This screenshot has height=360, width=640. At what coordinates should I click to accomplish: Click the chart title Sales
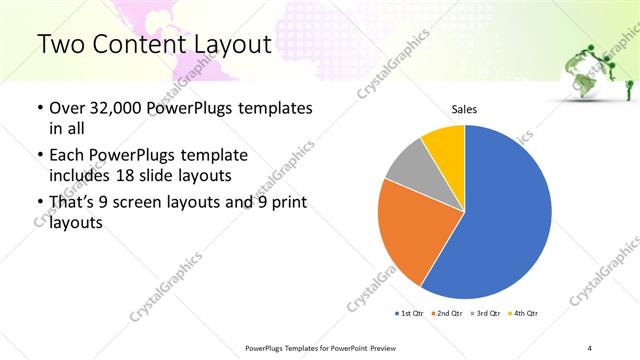[x=464, y=108]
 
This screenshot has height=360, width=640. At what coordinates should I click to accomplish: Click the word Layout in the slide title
[x=236, y=44]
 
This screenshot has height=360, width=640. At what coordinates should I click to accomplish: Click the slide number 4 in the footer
[x=590, y=348]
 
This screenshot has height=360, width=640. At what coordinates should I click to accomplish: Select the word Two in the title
[x=58, y=44]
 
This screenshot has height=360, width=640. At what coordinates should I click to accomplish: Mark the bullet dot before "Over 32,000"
[x=39, y=108]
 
